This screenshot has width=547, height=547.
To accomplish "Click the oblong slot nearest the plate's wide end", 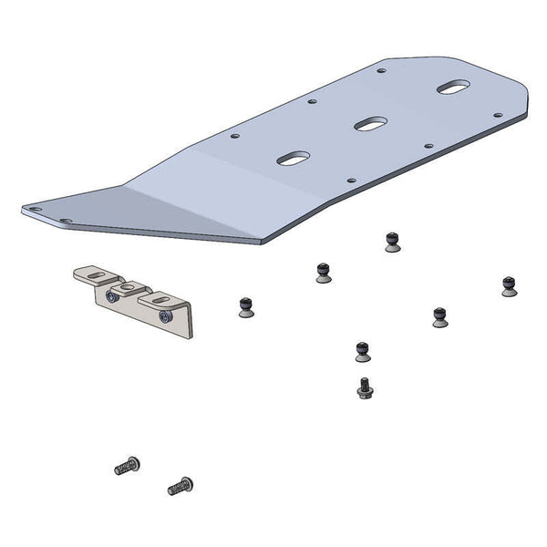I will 452,88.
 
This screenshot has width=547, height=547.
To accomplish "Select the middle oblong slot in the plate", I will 369,122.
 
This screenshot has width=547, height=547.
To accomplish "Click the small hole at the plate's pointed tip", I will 36,210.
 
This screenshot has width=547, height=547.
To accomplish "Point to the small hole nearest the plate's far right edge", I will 497,116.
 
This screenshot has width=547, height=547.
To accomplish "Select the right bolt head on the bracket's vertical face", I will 164,315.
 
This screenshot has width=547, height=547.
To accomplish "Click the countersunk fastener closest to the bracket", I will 245,307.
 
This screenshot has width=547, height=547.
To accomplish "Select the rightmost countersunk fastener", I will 509,284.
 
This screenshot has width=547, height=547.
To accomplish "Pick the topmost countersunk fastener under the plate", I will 390,242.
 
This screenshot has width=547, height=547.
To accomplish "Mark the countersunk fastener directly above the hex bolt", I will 362,351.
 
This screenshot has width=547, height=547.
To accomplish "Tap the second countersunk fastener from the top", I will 323,272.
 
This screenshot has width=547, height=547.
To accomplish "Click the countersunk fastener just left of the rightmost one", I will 440,316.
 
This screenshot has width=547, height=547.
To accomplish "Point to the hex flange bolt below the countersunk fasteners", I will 364,388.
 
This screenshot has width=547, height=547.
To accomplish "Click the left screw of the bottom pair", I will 126,468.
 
